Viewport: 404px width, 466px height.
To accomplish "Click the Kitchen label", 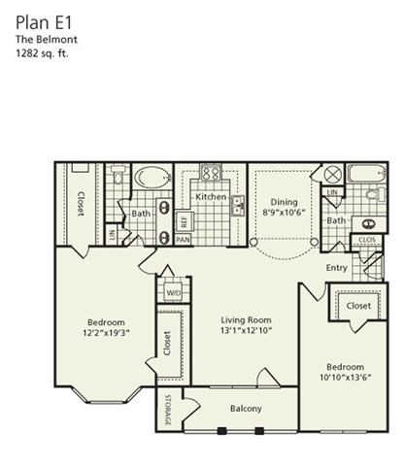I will click(211, 196).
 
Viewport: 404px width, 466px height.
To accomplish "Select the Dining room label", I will click(285, 203).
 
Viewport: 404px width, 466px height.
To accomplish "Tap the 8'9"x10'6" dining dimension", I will click(285, 216).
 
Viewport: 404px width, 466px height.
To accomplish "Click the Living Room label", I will click(244, 320).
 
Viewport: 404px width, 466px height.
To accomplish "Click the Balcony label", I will click(247, 409).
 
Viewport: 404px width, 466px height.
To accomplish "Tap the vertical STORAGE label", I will click(166, 409).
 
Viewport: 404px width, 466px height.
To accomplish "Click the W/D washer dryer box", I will click(174, 291).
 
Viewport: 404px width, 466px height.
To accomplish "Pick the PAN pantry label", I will click(183, 239).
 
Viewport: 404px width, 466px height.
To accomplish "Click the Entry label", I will click(336, 268).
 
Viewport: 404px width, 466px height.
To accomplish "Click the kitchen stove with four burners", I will click(210, 174).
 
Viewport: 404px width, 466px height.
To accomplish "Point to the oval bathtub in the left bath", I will click(151, 178).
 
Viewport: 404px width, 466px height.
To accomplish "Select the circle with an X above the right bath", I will click(332, 175).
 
